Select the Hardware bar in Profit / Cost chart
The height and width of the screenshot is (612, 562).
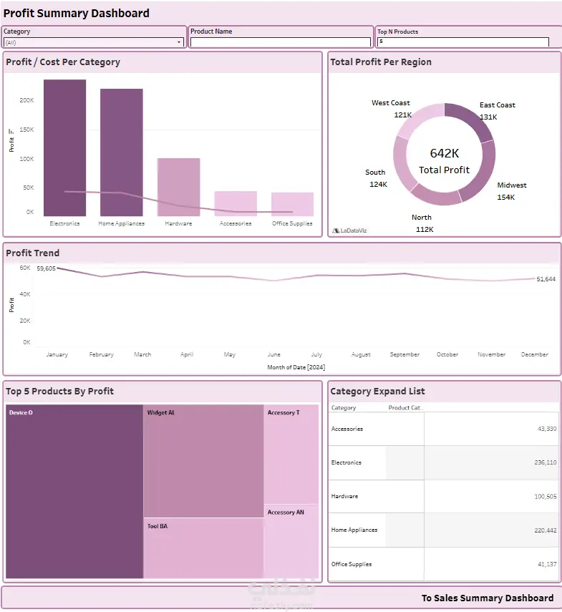tap(178, 186)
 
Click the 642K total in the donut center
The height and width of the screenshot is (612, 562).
tap(444, 153)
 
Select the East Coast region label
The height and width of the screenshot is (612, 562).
tap(497, 105)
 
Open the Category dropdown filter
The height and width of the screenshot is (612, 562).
tap(94, 42)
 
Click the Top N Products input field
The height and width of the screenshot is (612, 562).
tap(462, 42)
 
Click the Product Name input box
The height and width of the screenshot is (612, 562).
tap(281, 42)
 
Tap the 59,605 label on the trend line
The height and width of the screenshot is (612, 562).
tap(46, 268)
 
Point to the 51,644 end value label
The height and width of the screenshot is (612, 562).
tap(546, 278)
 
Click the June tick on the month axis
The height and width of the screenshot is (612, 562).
tap(273, 354)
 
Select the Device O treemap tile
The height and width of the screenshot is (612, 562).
tap(74, 492)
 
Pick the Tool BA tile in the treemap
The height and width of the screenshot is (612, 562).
tap(203, 548)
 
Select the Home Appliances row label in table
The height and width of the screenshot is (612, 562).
tap(354, 530)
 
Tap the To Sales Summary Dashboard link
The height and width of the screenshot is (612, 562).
tap(487, 598)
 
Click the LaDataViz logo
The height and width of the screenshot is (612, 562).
tap(350, 230)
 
